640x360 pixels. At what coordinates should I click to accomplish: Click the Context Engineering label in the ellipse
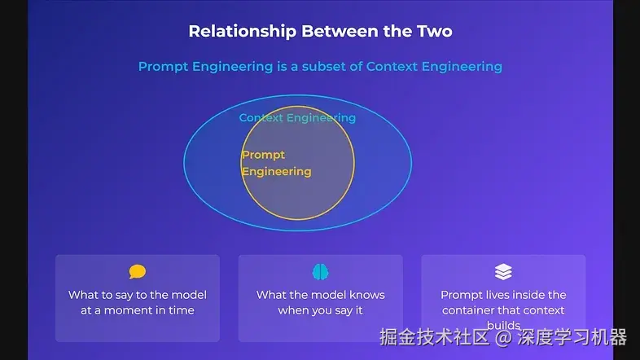[297, 118]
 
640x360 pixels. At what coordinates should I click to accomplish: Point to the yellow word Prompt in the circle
[263, 155]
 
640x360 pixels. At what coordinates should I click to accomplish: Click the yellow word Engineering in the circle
[276, 172]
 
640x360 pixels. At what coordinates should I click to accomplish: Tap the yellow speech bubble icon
[138, 272]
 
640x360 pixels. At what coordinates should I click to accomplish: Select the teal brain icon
[320, 272]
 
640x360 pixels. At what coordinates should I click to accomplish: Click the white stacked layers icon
[503, 272]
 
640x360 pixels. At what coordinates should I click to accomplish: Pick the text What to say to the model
[138, 295]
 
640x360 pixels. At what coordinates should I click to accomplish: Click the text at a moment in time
[138, 310]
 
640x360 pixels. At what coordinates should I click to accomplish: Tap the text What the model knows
[320, 295]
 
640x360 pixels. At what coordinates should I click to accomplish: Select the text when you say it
[320, 310]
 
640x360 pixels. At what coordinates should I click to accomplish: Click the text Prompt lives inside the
[503, 295]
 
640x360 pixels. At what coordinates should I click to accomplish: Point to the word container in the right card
[471, 310]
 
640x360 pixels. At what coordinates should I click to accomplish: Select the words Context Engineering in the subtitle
[434, 67]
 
